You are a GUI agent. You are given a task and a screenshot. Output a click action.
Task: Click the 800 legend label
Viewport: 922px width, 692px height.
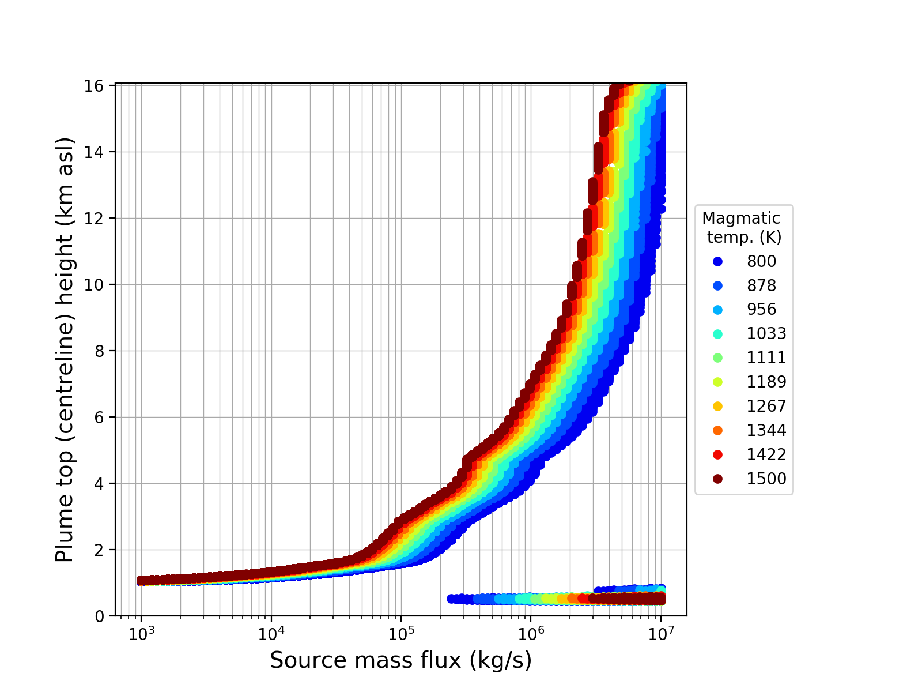point(761,261)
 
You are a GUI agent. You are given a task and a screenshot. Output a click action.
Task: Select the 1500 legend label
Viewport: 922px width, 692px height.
point(766,479)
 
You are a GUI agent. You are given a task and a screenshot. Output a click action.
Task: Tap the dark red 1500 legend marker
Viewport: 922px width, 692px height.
point(717,479)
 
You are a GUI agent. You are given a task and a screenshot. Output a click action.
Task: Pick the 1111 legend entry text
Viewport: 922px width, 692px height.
point(766,358)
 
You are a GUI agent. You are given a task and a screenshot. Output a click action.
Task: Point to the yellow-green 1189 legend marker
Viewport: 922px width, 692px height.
point(717,382)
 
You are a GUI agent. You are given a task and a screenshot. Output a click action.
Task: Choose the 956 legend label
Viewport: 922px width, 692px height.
point(761,309)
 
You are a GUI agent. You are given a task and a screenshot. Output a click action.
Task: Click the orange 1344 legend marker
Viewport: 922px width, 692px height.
point(717,430)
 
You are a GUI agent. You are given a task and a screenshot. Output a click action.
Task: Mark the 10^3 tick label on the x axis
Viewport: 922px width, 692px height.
point(141,634)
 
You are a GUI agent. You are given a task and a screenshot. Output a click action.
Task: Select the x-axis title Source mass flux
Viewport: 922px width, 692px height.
point(400,660)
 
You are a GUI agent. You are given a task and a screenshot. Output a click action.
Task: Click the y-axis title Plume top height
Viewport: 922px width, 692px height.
point(65,349)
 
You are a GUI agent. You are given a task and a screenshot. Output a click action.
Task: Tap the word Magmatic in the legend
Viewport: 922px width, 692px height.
point(741,219)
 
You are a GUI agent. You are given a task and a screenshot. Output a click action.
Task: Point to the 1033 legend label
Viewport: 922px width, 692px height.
point(766,333)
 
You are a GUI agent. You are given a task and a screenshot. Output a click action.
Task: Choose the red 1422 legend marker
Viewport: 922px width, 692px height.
point(717,454)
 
